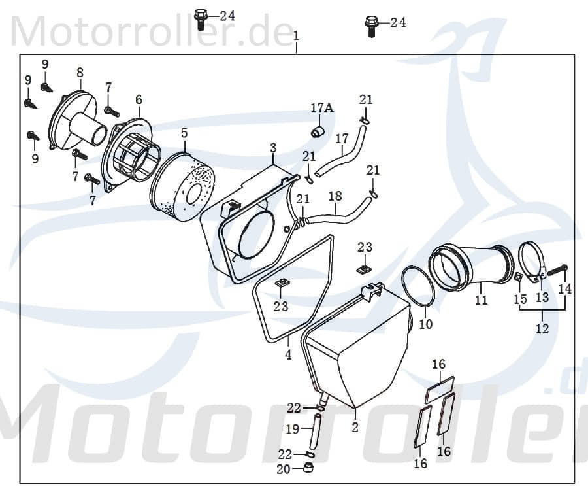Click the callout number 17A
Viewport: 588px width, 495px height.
322,109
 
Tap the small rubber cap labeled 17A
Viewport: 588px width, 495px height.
317,132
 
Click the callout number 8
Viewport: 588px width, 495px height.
80,73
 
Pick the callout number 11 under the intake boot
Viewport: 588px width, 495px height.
482,301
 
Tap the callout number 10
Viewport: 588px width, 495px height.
425,324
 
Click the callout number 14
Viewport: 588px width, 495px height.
564,288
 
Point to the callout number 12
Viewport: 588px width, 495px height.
542,329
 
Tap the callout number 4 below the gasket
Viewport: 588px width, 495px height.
288,355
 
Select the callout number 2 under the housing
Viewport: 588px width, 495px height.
355,428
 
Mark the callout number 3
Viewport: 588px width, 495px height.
273,148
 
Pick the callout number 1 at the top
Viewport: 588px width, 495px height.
296,34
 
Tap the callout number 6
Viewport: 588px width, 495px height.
139,99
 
